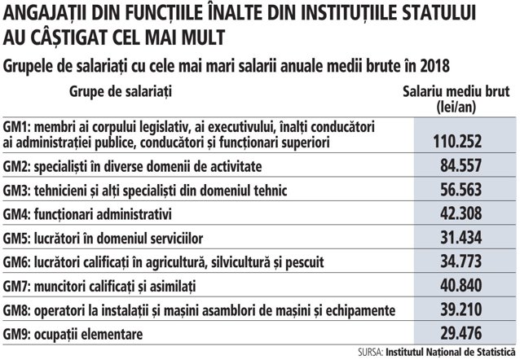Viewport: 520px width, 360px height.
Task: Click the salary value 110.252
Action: click(x=457, y=142)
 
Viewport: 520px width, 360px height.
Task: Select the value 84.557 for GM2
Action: click(x=461, y=165)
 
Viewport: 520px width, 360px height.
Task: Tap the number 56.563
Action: click(x=461, y=190)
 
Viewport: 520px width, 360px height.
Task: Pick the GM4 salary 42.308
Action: click(x=461, y=213)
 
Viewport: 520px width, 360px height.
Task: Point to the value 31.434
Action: click(x=461, y=238)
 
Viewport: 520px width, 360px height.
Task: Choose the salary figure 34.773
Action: click(x=461, y=261)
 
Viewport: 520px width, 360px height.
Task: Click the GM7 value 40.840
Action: click(x=461, y=285)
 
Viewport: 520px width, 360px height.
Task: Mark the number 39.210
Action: click(x=461, y=310)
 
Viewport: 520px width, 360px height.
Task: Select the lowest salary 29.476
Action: click(x=461, y=333)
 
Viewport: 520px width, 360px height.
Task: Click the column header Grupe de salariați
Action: click(x=121, y=91)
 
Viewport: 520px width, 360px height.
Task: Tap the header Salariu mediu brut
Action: click(x=456, y=91)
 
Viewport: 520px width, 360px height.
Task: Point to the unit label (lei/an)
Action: click(x=456, y=107)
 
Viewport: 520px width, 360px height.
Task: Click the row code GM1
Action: click(x=16, y=127)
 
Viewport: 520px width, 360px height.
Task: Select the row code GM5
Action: click(x=16, y=239)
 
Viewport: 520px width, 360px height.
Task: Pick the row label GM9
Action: click(x=16, y=334)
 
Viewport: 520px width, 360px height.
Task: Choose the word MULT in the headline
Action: click(x=203, y=37)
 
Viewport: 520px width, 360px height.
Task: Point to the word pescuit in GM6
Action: click(x=305, y=262)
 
